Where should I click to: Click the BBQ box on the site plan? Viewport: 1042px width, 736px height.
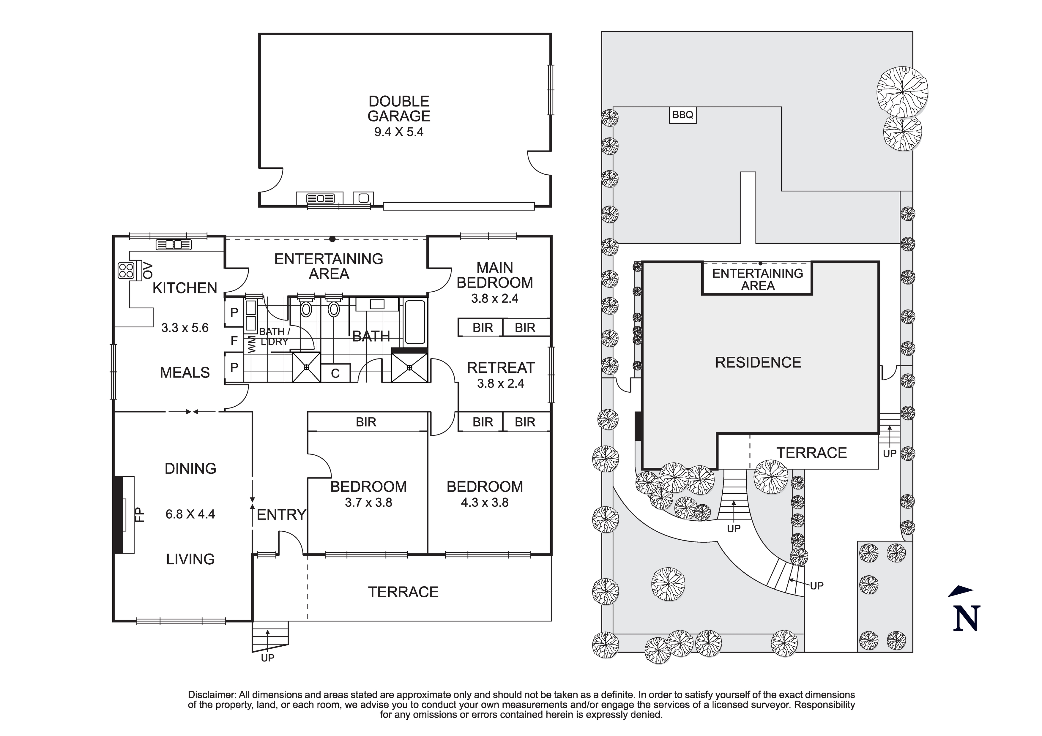point(682,115)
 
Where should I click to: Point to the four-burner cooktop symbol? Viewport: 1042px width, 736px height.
point(126,271)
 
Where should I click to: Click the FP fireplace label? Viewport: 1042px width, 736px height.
point(140,515)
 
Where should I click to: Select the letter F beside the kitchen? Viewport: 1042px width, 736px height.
point(234,341)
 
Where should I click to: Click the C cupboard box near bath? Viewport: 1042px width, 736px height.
point(335,373)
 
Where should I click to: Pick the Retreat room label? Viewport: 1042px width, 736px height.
point(501,367)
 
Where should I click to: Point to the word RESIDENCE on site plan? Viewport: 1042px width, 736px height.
point(758,363)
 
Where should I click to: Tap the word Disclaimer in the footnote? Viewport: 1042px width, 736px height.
point(212,695)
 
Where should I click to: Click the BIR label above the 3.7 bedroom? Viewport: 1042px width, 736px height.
point(366,422)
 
